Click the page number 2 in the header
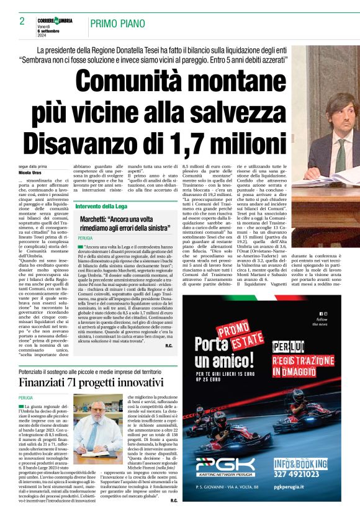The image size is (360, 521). pyautogui.click(x=22, y=22)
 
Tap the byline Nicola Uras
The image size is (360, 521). pyautogui.click(x=29, y=172)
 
